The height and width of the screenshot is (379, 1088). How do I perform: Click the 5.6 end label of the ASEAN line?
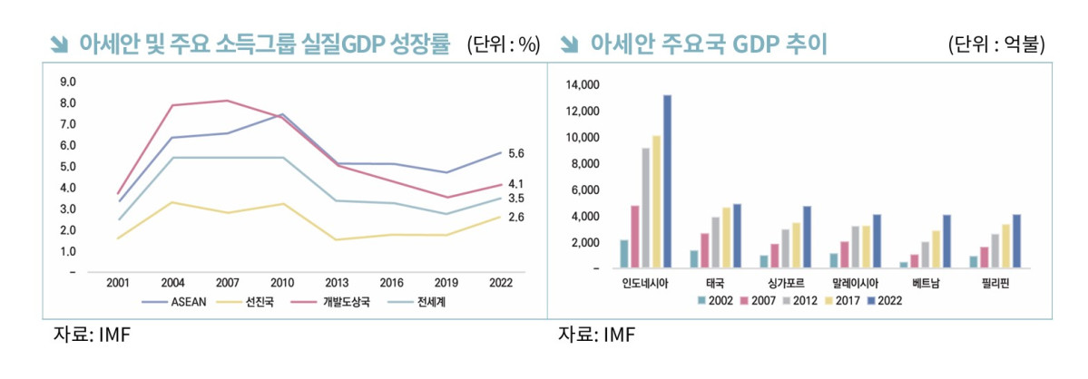tap(516, 153)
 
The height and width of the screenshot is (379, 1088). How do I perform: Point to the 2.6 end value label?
tap(516, 218)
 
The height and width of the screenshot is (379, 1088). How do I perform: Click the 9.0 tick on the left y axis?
tap(67, 82)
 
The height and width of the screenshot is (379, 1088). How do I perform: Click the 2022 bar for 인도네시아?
tap(667, 181)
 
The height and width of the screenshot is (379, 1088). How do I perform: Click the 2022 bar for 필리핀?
tap(1017, 241)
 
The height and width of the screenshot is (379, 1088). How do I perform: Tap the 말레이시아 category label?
tap(857, 283)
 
